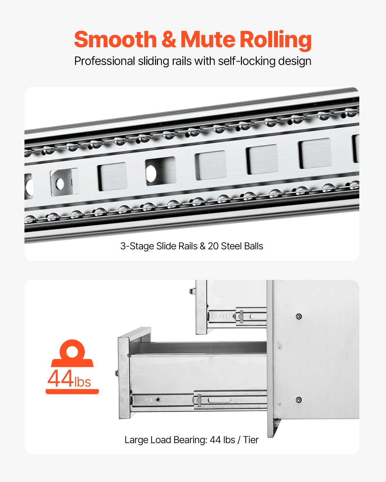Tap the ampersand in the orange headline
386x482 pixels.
(169, 40)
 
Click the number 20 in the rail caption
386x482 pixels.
(213, 246)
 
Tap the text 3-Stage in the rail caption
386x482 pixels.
(137, 246)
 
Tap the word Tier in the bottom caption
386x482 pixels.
(251, 440)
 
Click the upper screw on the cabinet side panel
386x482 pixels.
(299, 317)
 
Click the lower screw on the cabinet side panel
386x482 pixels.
(299, 400)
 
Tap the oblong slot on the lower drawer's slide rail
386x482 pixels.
(219, 400)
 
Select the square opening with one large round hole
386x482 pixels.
(160, 171)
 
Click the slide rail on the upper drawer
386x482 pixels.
(237, 316)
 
